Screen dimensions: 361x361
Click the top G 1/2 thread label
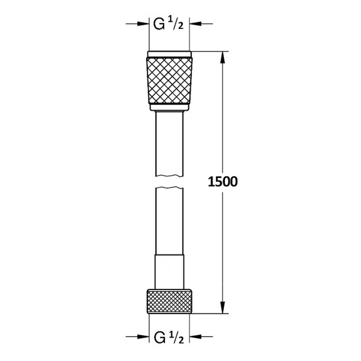coord(170,24)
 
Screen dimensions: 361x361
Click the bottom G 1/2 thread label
coord(170,336)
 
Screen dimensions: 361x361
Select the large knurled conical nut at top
coord(170,81)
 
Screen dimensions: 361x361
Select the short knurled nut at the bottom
coord(170,301)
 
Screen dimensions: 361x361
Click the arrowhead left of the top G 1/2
coord(144,24)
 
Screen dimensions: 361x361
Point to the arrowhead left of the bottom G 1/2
coord(144,336)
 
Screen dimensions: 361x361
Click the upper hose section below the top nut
coord(170,144)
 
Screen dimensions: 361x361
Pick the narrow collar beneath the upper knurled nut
coord(170,109)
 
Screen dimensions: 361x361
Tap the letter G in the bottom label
coord(159,336)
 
